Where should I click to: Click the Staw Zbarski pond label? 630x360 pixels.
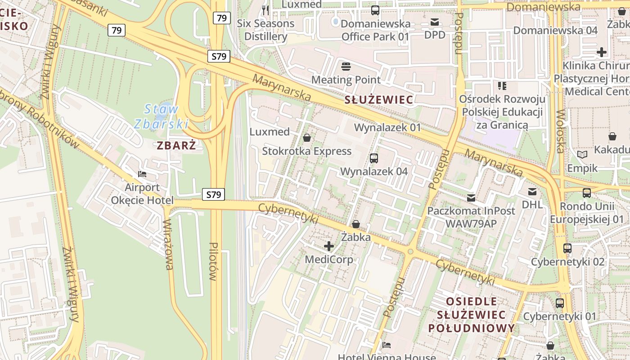point(161,116)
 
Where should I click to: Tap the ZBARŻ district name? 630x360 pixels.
point(176,145)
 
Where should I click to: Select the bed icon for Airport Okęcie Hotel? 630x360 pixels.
point(142,174)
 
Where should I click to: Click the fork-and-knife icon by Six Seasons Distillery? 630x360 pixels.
point(265,10)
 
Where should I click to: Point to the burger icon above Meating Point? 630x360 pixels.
point(346,67)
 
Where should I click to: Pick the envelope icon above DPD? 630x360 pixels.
point(435,22)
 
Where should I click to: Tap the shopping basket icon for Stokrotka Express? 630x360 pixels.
point(307,138)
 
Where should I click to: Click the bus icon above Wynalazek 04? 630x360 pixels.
point(374,158)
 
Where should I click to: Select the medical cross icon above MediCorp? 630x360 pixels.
point(329,246)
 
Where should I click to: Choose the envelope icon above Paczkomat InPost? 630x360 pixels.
point(471,198)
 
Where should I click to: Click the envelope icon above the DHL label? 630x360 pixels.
point(532,192)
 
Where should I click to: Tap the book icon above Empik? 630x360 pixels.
point(582,155)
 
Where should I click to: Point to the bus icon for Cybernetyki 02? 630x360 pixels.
point(567,248)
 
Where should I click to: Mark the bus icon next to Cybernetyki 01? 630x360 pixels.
point(560,303)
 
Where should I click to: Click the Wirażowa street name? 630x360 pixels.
point(168,244)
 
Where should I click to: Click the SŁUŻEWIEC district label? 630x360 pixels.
point(378,100)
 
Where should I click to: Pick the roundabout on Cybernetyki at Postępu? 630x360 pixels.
point(410,251)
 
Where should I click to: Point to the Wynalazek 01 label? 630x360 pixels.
point(387,127)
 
